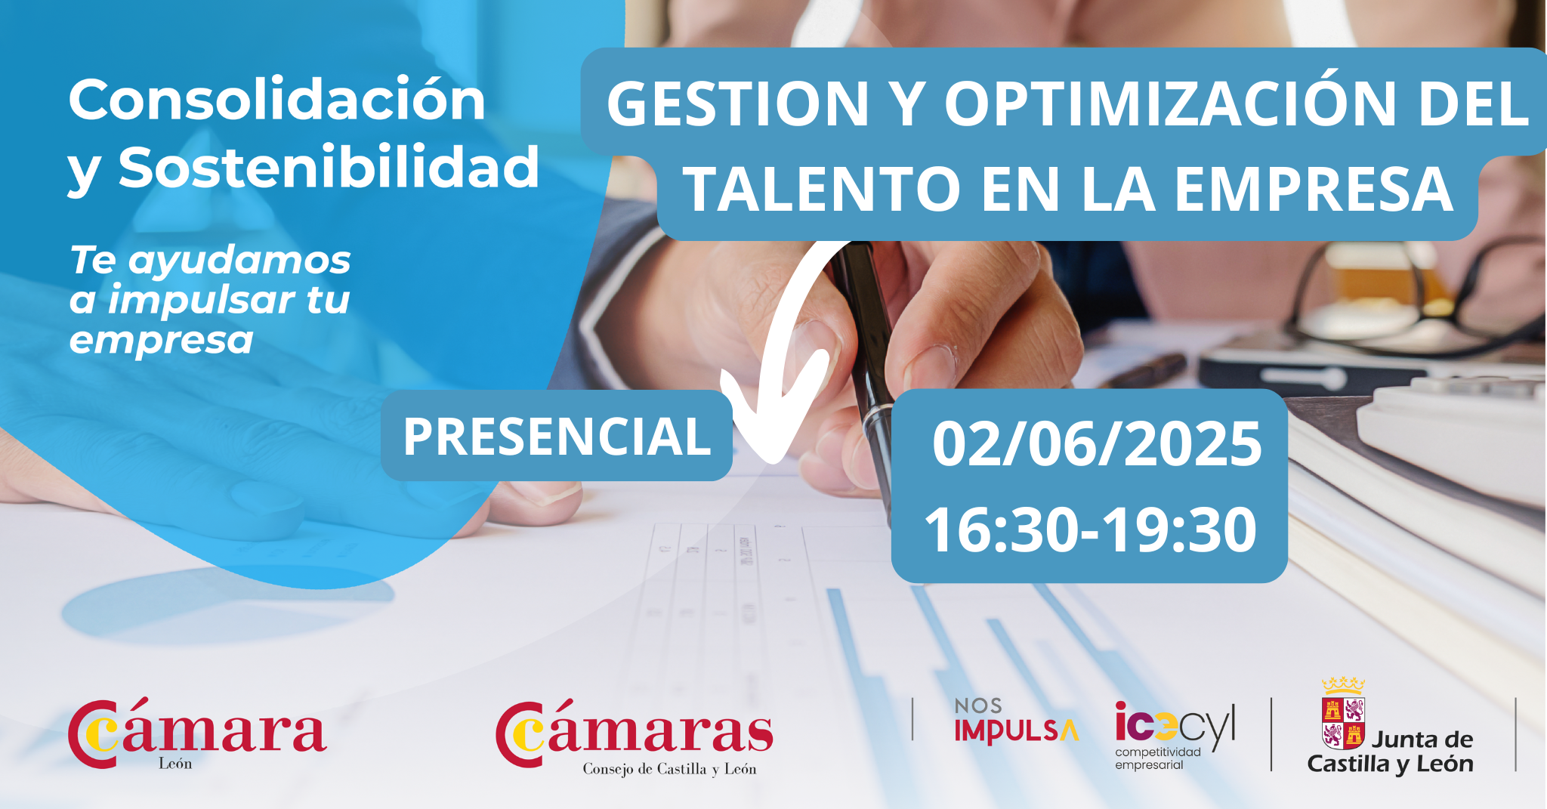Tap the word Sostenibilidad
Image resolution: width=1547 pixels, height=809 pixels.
[x=329, y=167]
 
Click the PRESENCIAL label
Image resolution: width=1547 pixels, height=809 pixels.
[x=557, y=436]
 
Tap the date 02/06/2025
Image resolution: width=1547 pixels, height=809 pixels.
[x=1097, y=443]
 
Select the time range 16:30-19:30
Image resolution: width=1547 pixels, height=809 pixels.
[x=1091, y=530]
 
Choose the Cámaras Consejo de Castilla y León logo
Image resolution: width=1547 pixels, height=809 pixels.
[x=635, y=738]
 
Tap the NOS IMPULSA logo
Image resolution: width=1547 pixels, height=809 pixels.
[x=1016, y=721]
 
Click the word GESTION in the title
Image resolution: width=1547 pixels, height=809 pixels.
[x=738, y=103]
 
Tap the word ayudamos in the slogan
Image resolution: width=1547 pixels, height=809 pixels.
[x=239, y=261]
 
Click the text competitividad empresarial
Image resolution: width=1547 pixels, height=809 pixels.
[x=1157, y=758]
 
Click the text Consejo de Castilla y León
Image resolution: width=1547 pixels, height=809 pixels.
[x=669, y=769]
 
